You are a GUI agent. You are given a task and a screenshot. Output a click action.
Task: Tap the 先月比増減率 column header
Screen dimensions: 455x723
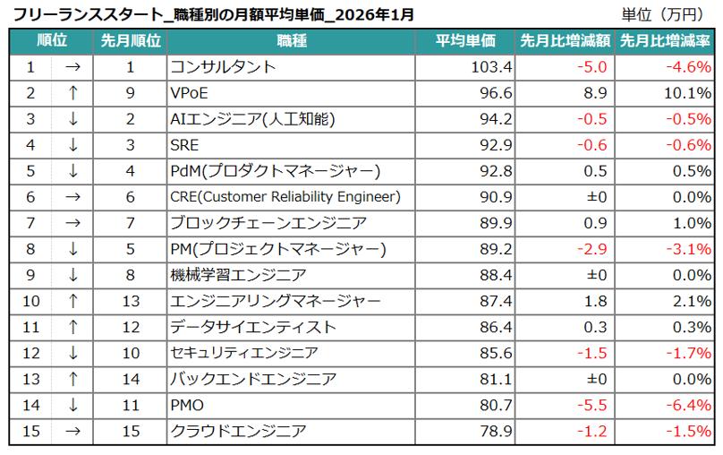click(667, 41)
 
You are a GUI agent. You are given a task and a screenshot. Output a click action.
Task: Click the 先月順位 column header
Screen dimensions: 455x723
click(131, 41)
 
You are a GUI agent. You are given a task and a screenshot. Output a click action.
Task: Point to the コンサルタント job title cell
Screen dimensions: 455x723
click(223, 67)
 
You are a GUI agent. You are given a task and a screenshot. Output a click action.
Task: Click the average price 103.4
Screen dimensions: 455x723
click(491, 67)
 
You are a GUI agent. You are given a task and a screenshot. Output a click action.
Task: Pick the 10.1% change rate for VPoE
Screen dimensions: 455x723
click(689, 93)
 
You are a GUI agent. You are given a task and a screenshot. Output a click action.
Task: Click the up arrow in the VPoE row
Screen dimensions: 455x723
click(73, 93)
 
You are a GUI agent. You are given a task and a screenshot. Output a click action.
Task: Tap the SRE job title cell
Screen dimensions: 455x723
click(184, 145)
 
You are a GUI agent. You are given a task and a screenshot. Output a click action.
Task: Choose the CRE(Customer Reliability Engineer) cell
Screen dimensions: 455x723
click(285, 197)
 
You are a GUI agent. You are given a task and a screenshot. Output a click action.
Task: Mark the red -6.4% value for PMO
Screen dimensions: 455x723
click(689, 406)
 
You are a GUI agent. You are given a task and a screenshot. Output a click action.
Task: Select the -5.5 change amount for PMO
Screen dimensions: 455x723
click(592, 406)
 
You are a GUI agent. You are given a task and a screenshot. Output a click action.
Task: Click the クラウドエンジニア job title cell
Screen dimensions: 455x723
click(237, 432)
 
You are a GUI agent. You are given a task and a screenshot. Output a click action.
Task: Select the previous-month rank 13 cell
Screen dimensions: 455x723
click(130, 301)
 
